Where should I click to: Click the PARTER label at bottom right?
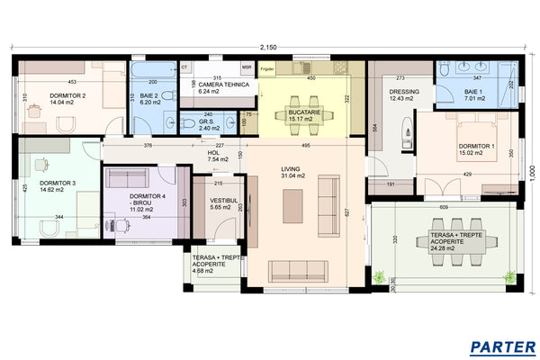tap(504, 346)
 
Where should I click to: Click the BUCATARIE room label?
tap(301, 112)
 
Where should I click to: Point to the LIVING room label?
tap(291, 168)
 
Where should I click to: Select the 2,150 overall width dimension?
tap(268, 47)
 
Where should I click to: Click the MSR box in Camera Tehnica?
tap(247, 67)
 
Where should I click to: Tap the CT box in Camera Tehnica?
tap(184, 67)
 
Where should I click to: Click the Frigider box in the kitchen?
tap(267, 68)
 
